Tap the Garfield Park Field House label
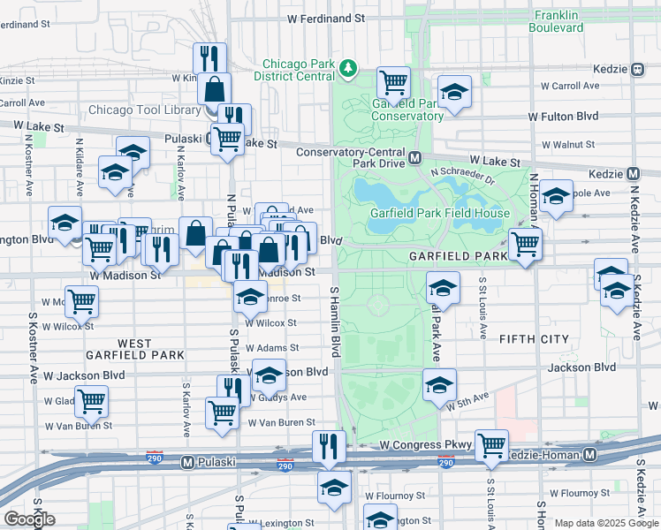(x=439, y=213)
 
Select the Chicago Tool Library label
(x=144, y=110)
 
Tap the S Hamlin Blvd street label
(x=335, y=315)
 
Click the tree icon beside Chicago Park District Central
(x=349, y=67)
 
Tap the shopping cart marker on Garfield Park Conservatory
(x=393, y=83)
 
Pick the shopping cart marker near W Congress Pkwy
(x=490, y=445)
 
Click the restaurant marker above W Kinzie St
(x=209, y=58)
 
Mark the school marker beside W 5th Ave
(x=439, y=384)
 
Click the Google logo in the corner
(x=29, y=519)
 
